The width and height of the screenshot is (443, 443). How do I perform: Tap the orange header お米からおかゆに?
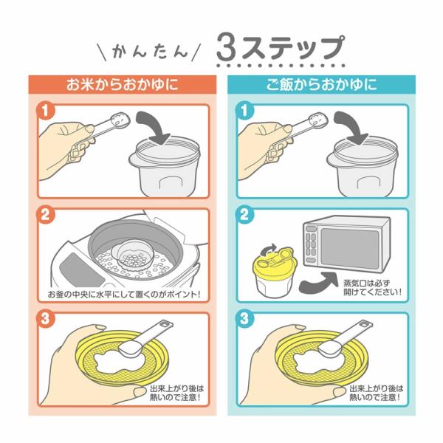(x=122, y=84)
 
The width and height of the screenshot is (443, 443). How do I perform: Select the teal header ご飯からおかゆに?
(x=321, y=84)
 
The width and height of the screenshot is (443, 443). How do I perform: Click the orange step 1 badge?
(x=45, y=111)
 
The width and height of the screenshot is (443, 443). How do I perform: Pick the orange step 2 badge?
(x=45, y=215)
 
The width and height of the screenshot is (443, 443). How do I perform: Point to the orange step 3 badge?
(x=45, y=319)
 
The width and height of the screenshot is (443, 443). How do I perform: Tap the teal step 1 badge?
(x=244, y=111)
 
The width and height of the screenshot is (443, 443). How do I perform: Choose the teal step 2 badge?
(x=244, y=215)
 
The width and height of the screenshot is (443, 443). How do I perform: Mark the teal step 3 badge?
(x=244, y=319)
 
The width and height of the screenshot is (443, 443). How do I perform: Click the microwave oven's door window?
(x=349, y=249)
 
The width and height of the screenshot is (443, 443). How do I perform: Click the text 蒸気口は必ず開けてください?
(x=372, y=287)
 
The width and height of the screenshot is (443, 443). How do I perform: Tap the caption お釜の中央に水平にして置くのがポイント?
(x=124, y=295)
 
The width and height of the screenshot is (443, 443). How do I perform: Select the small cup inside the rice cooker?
(x=134, y=254)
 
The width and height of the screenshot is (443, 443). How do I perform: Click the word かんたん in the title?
(x=150, y=52)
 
